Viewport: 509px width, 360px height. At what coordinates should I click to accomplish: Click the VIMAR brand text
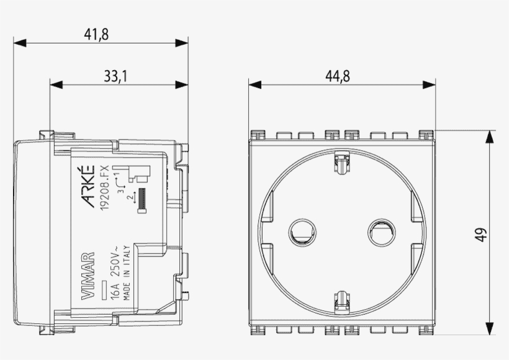tap(89, 276)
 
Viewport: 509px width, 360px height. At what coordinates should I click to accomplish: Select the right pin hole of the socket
tap(380, 232)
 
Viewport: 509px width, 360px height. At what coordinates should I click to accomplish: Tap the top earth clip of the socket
tap(341, 163)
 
